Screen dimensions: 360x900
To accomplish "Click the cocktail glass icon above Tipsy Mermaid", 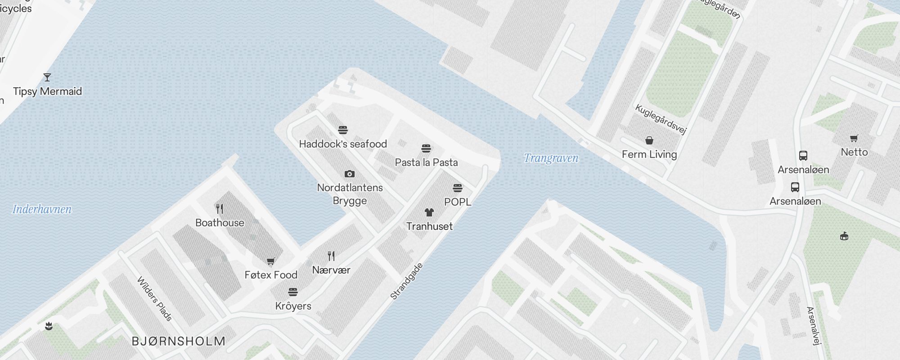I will [x=47, y=77].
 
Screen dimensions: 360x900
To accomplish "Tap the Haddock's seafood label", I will [x=343, y=144].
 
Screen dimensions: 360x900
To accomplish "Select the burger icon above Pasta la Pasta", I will [x=426, y=148].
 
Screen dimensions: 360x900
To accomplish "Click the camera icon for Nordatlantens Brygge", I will [x=350, y=174].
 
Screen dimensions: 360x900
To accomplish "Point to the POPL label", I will [x=458, y=202].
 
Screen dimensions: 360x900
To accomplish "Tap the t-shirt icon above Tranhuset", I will [x=429, y=212].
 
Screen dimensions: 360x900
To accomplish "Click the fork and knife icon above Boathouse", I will [x=220, y=209].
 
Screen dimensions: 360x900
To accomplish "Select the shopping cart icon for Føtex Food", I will [x=270, y=261].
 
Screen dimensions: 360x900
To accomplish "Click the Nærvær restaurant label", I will [x=331, y=270].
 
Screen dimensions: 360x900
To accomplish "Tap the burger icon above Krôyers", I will [x=293, y=292].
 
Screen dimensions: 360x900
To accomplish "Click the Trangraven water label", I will [x=551, y=158].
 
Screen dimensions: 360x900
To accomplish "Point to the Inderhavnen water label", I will [x=42, y=209].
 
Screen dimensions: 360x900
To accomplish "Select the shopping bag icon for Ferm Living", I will [x=649, y=141].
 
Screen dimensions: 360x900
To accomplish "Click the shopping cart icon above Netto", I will [x=854, y=139].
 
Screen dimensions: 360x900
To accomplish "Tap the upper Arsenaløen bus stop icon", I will [x=803, y=156].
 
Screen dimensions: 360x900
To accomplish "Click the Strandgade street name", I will [x=406, y=282].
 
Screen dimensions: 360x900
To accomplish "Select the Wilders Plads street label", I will [x=155, y=299].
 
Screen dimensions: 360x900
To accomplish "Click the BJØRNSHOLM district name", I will [x=178, y=341].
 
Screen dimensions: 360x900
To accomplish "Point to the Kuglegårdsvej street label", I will [x=661, y=119].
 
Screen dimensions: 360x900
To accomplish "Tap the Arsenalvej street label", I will [x=812, y=325].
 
